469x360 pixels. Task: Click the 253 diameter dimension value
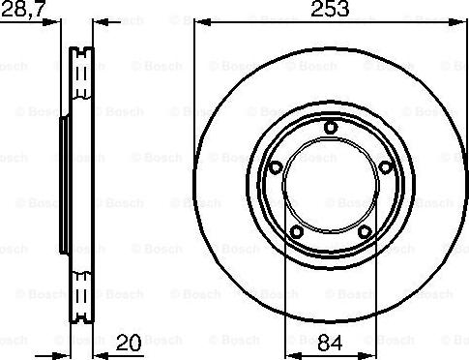tap(330, 9)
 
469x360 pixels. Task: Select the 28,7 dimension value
tap(22, 9)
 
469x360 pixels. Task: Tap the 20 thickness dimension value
tap(129, 343)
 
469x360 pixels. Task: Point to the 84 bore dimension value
tap(330, 343)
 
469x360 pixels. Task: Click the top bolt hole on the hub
tap(331, 127)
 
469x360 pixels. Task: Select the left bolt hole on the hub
tap(275, 167)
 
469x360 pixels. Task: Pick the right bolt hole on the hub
tap(386, 167)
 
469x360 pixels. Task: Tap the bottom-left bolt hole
tap(296, 231)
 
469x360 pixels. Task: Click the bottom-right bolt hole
tap(365, 231)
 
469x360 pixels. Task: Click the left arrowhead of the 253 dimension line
tap(203, 22)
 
